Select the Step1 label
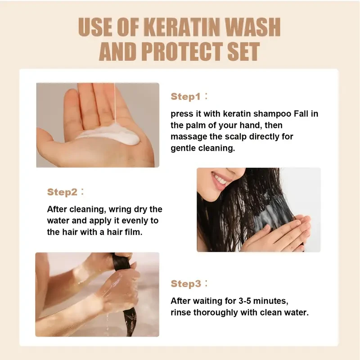(185, 97)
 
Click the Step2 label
(62, 192)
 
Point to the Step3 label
(185, 283)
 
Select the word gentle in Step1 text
(183, 148)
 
